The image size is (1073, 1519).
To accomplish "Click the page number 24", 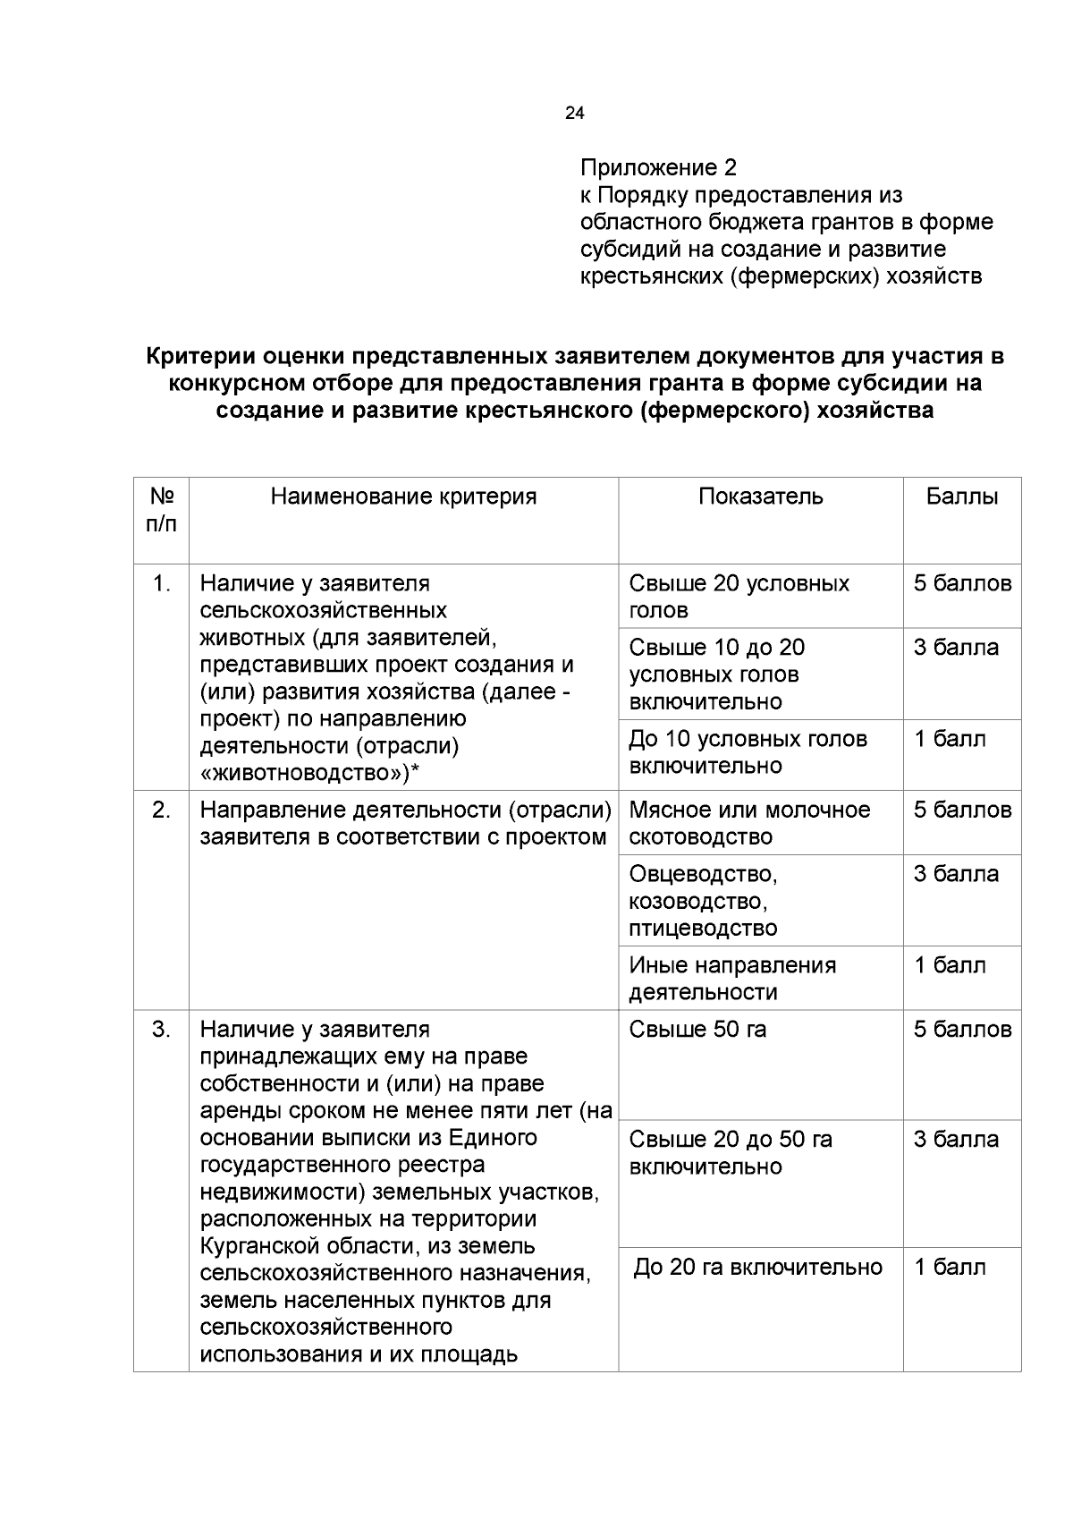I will pyautogui.click(x=575, y=114).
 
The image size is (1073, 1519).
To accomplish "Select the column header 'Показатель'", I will pyautogui.click(x=760, y=496).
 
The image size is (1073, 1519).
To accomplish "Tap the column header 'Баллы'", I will pyautogui.click(x=961, y=496).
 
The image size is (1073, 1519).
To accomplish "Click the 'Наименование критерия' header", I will pyautogui.click(x=403, y=496).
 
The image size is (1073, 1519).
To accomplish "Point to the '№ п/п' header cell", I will pyautogui.click(x=161, y=510).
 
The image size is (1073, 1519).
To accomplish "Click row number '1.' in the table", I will pyautogui.click(x=161, y=584).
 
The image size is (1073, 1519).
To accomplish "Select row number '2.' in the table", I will pyautogui.click(x=161, y=810).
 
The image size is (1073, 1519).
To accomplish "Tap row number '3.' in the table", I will pyautogui.click(x=161, y=1030).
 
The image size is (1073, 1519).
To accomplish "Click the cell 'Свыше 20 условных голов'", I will pyautogui.click(x=739, y=597).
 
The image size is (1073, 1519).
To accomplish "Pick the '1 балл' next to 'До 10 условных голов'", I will pyautogui.click(x=949, y=739).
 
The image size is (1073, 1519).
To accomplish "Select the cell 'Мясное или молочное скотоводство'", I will pyautogui.click(x=749, y=823).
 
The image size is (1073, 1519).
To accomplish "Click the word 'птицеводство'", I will pyautogui.click(x=703, y=928).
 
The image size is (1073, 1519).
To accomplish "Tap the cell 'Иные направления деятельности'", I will pyautogui.click(x=732, y=978).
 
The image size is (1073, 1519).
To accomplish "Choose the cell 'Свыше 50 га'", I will pyautogui.click(x=697, y=1030).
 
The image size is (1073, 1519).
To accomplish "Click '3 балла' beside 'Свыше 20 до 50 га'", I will pyautogui.click(x=955, y=1140).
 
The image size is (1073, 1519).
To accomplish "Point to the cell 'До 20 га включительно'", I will pyautogui.click(x=758, y=1267).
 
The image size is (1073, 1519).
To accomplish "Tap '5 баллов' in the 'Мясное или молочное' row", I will pyautogui.click(x=962, y=810).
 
